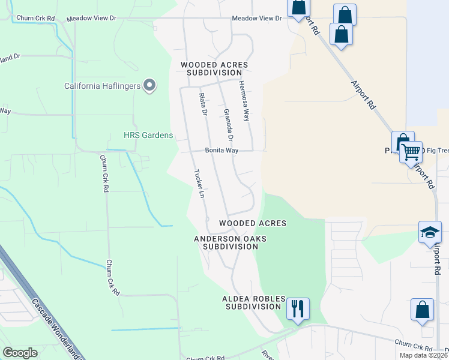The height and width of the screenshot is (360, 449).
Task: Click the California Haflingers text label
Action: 103,86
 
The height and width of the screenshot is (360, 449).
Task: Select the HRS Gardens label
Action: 148,135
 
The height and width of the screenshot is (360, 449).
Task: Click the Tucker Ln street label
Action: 199,184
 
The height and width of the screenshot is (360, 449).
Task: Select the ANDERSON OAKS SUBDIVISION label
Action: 230,242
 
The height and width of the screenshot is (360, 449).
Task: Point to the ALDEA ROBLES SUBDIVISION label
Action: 252,302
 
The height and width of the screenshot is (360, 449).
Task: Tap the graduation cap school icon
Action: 430,233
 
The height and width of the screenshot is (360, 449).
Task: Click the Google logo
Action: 20,353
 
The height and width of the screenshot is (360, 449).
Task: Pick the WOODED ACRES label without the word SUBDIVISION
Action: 253,223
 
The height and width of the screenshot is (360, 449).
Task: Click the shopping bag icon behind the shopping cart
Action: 402,142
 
